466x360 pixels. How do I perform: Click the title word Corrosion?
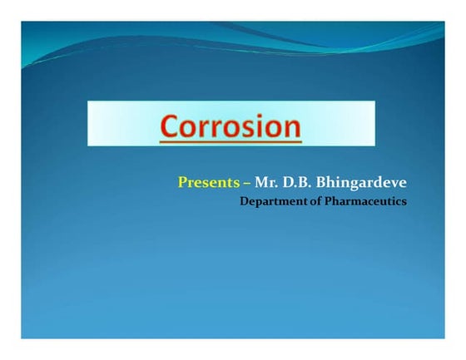pyautogui.click(x=231, y=126)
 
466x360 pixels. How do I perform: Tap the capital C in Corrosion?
pyautogui.click(x=170, y=126)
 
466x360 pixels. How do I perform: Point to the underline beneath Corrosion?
pyautogui.click(x=231, y=142)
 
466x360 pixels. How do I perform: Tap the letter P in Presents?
pyautogui.click(x=181, y=182)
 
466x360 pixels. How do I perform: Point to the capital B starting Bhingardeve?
pyautogui.click(x=317, y=182)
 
